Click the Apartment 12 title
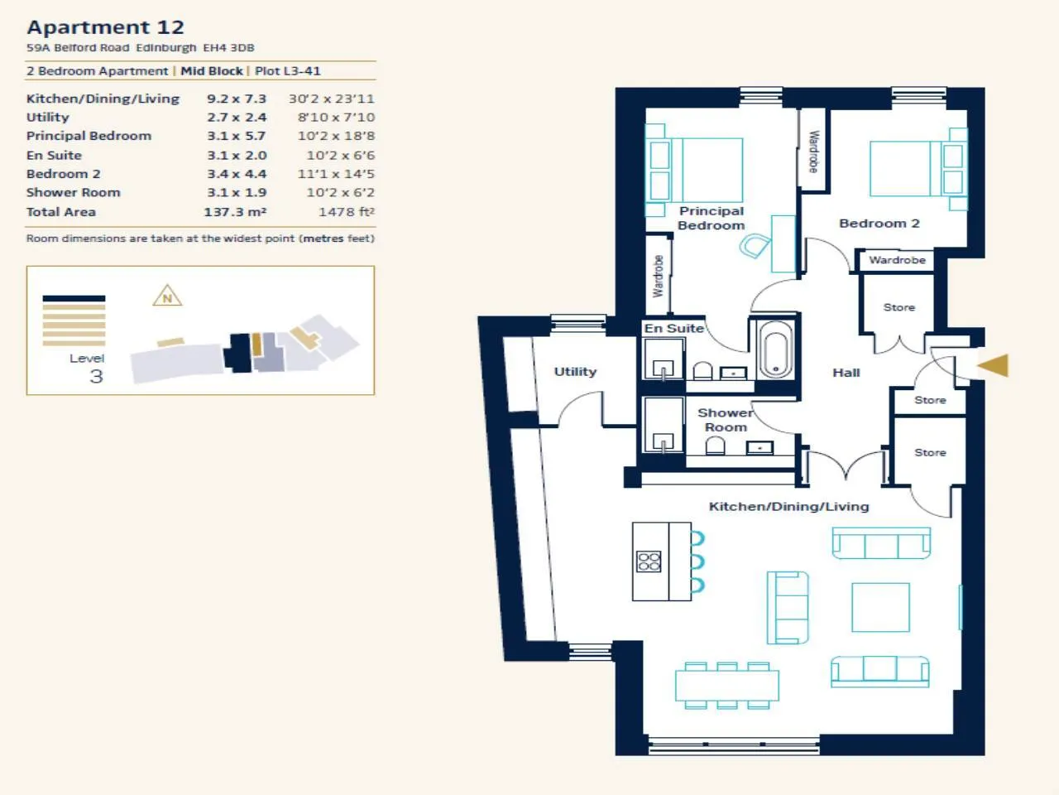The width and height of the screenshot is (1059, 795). pos(106,27)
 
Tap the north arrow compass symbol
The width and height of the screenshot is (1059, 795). pos(167,296)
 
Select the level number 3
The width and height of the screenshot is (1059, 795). pos(96,377)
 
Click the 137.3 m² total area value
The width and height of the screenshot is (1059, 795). pos(235,212)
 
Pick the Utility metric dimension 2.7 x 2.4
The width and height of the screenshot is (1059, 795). pos(237,118)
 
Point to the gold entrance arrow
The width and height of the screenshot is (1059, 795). pos(993,365)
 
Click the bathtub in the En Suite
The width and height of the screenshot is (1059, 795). pos(776,349)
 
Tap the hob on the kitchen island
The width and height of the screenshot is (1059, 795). pos(649,561)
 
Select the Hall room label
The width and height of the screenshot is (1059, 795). pos(846,373)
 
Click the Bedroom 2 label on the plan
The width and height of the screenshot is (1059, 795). pos(879,224)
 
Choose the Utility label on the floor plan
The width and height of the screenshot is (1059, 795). pos(575,372)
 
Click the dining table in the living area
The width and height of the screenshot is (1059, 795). pos(727,686)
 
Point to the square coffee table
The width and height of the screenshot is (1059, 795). pos(880,607)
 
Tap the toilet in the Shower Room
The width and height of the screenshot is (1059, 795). pos(715,446)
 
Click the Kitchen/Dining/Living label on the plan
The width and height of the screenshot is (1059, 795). pos(788,506)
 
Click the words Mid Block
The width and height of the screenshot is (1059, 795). pos(212,71)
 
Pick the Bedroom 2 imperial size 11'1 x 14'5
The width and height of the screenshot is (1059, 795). pos(336,174)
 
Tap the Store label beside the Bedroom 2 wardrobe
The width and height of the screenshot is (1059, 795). pos(898,307)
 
